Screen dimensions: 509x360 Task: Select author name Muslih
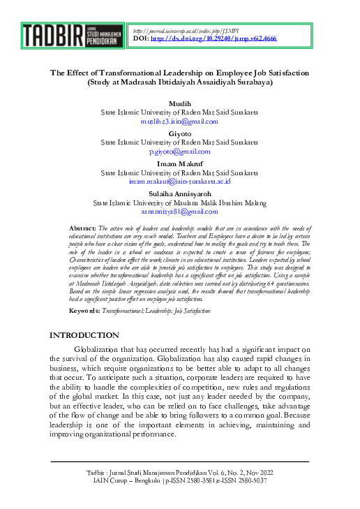pos(179,103)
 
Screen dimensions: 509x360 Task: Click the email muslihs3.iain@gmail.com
pos(179,121)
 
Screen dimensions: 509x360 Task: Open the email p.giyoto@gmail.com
pos(179,151)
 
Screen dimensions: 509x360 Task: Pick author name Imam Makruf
pos(179,163)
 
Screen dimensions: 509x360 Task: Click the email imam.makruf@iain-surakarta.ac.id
pos(179,181)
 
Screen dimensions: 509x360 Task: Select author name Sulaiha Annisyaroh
pos(179,193)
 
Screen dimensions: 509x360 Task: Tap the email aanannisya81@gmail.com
pos(179,211)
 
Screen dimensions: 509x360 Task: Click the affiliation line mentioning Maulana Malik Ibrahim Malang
pos(179,202)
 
